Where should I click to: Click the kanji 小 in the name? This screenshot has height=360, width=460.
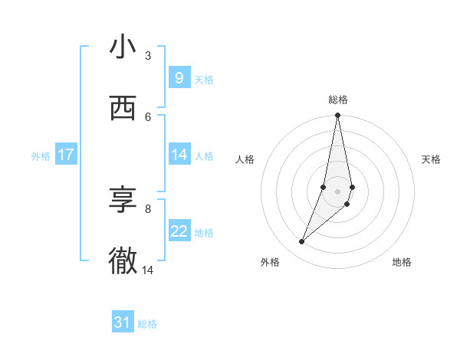(x=123, y=47)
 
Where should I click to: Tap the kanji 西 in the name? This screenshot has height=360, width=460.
(x=123, y=110)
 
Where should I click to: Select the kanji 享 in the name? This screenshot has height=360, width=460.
(x=123, y=201)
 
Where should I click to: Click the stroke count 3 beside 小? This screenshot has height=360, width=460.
(x=148, y=55)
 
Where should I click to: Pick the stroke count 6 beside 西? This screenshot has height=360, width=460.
(x=148, y=116)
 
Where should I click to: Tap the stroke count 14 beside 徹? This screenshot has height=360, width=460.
(x=148, y=270)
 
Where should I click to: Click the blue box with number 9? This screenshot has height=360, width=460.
(x=179, y=77)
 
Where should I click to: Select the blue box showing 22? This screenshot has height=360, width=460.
(x=179, y=231)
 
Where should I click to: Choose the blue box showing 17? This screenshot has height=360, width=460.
(x=65, y=155)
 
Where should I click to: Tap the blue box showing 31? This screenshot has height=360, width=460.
(x=123, y=322)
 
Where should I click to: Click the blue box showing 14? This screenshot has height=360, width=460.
(x=179, y=155)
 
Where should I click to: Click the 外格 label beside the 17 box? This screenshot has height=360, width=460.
(x=41, y=156)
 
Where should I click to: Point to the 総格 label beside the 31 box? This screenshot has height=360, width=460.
(x=147, y=324)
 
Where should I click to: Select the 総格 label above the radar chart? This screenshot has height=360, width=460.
(x=338, y=100)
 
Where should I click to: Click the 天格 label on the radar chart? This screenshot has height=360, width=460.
(x=432, y=159)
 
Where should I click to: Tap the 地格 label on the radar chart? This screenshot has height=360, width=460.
(x=402, y=262)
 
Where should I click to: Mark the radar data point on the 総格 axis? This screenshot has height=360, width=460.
(x=337, y=116)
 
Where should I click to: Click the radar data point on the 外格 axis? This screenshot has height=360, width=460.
(x=301, y=242)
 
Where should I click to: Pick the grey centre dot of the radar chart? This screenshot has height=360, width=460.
(x=337, y=191)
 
